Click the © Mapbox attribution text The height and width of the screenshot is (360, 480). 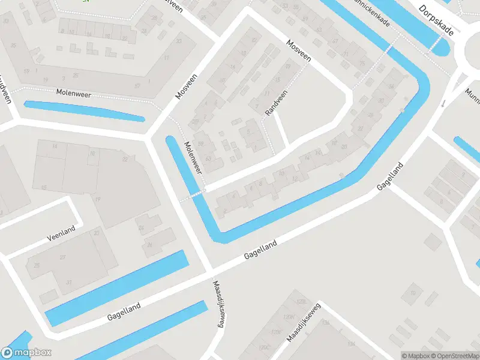click(x=416, y=356)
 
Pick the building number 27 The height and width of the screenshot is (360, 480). click(x=62, y=256)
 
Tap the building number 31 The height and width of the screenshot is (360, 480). click(x=68, y=283)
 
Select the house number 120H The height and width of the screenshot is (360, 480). click(x=289, y=316)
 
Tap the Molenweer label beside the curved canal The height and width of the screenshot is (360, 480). click(x=193, y=157)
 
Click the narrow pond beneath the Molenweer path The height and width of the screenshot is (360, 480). click(x=84, y=110)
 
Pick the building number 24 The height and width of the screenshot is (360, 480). click(x=142, y=228)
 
